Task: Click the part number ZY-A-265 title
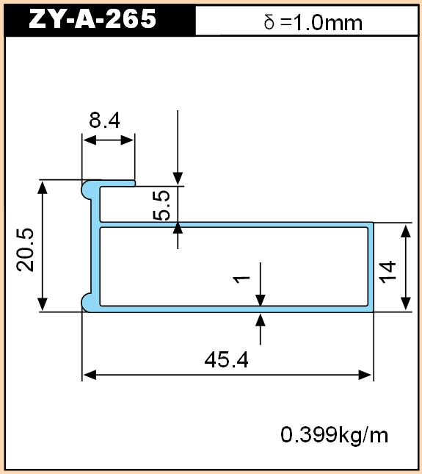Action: coord(92,19)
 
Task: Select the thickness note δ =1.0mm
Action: coord(313,23)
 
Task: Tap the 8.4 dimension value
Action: coord(104,120)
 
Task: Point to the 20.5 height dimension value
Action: coord(26,249)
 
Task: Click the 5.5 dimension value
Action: coord(161,205)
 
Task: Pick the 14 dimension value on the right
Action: coord(388,272)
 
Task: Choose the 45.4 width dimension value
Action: coord(226,360)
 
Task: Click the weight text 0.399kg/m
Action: coord(334,435)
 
